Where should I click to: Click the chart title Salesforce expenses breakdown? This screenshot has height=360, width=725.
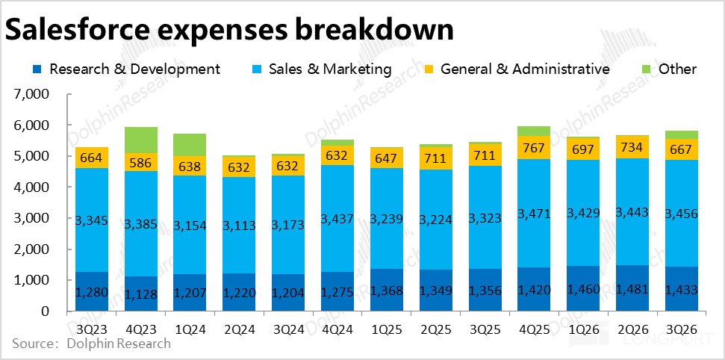(x=229, y=29)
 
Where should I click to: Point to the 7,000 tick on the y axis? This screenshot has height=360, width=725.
(x=31, y=95)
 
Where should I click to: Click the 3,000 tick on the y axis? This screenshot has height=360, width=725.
(x=31, y=219)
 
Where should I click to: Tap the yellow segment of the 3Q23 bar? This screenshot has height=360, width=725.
(x=92, y=158)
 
